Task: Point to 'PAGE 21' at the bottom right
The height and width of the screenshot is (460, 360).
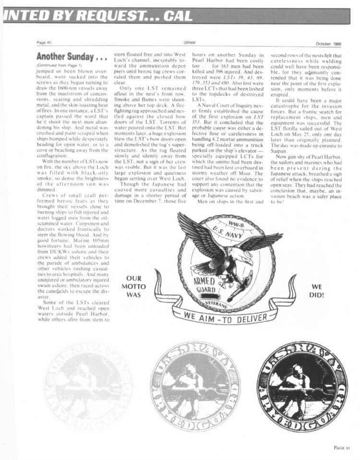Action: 343,447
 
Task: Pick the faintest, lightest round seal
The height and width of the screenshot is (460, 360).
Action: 88,386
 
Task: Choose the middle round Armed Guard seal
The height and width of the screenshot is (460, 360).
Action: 194,386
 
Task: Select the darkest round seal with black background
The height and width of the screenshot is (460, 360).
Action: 301,386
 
